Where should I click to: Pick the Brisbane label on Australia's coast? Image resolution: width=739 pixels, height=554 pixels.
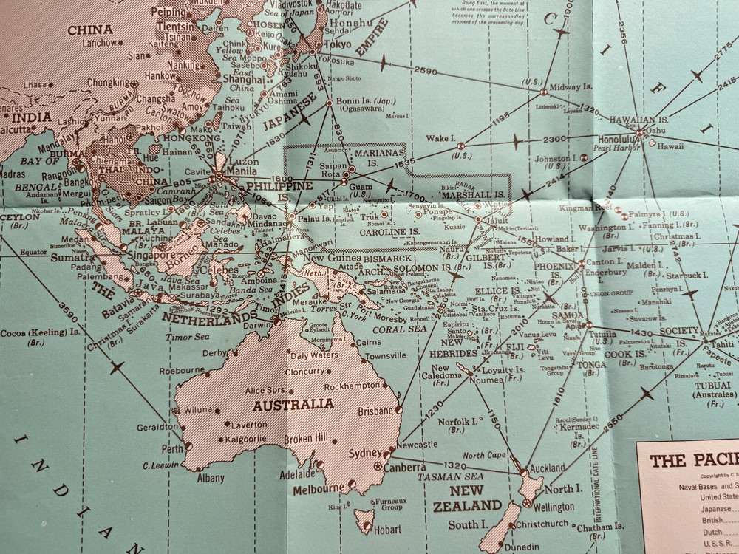(374, 411)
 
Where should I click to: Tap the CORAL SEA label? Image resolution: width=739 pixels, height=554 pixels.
(401, 329)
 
